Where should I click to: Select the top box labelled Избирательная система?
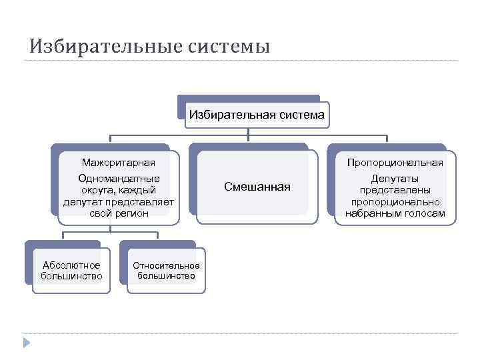(257, 114)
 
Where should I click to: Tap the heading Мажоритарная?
(119, 162)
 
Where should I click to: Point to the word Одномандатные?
(119, 179)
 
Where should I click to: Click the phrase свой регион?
(119, 213)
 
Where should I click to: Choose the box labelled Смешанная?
(257, 187)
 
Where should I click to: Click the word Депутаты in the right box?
(395, 179)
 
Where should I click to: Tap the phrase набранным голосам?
(395, 213)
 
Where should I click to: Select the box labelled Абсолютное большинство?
(71, 271)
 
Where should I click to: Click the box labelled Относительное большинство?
(166, 271)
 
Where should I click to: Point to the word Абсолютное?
(71, 265)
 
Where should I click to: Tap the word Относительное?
(166, 265)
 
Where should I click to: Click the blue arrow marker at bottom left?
(27, 343)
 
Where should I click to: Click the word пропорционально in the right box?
(395, 202)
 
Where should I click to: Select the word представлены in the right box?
(395, 190)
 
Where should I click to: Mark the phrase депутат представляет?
(119, 201)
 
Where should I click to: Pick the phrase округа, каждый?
(119, 190)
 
